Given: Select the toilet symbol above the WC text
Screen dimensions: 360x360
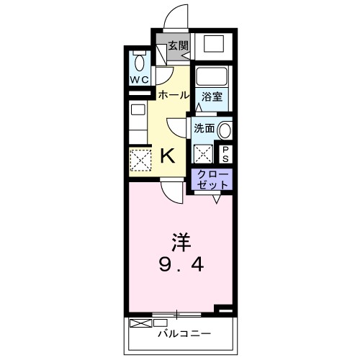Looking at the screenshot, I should (x=140, y=61).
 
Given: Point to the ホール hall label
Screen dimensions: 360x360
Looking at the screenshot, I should (x=173, y=95).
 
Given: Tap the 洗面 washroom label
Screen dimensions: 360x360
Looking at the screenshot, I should (x=204, y=128).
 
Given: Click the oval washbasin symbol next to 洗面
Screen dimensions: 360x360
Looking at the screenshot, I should (x=225, y=130).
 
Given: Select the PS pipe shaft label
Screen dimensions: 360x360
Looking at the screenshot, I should (x=225, y=153).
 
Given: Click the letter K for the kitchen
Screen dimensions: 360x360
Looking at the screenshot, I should (x=166, y=155).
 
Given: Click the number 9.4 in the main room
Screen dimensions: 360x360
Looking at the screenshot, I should (x=181, y=264).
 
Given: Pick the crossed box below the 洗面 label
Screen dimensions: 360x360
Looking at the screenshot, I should (x=204, y=153).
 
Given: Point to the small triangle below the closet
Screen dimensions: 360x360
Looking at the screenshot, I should (x=215, y=199).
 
